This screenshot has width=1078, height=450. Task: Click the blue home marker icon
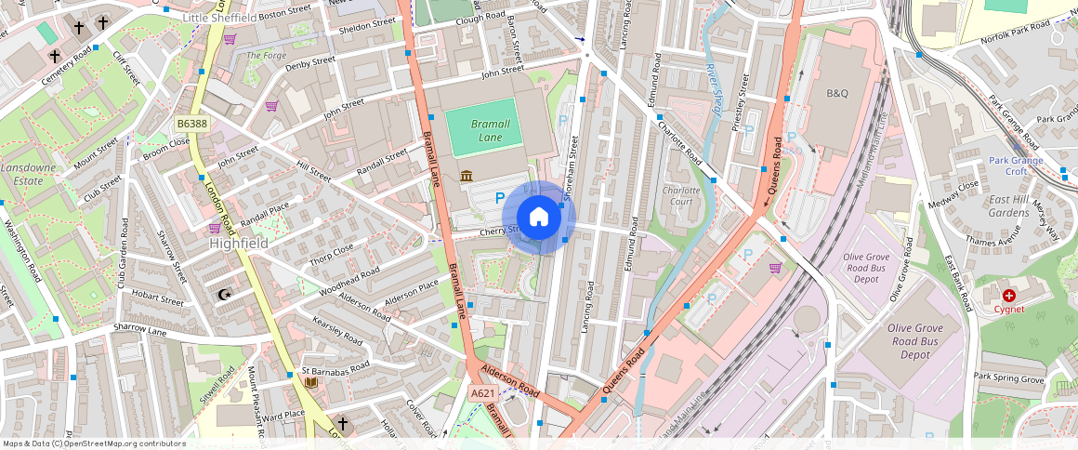click(539, 218)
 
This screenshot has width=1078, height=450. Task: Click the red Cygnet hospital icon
click(1009, 295)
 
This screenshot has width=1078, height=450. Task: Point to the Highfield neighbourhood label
click(239, 243)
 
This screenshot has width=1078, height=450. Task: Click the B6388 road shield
click(192, 123)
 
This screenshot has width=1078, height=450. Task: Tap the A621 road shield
click(482, 393)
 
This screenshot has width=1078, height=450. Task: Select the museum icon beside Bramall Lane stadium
click(465, 177)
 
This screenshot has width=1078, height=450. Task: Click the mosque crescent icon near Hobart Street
click(222, 295)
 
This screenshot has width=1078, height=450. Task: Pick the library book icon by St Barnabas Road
click(311, 381)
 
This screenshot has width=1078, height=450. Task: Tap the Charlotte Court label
click(680, 195)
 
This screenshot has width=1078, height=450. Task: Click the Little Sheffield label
click(220, 18)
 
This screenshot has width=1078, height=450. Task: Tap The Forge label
click(266, 55)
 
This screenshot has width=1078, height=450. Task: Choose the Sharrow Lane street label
click(140, 329)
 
